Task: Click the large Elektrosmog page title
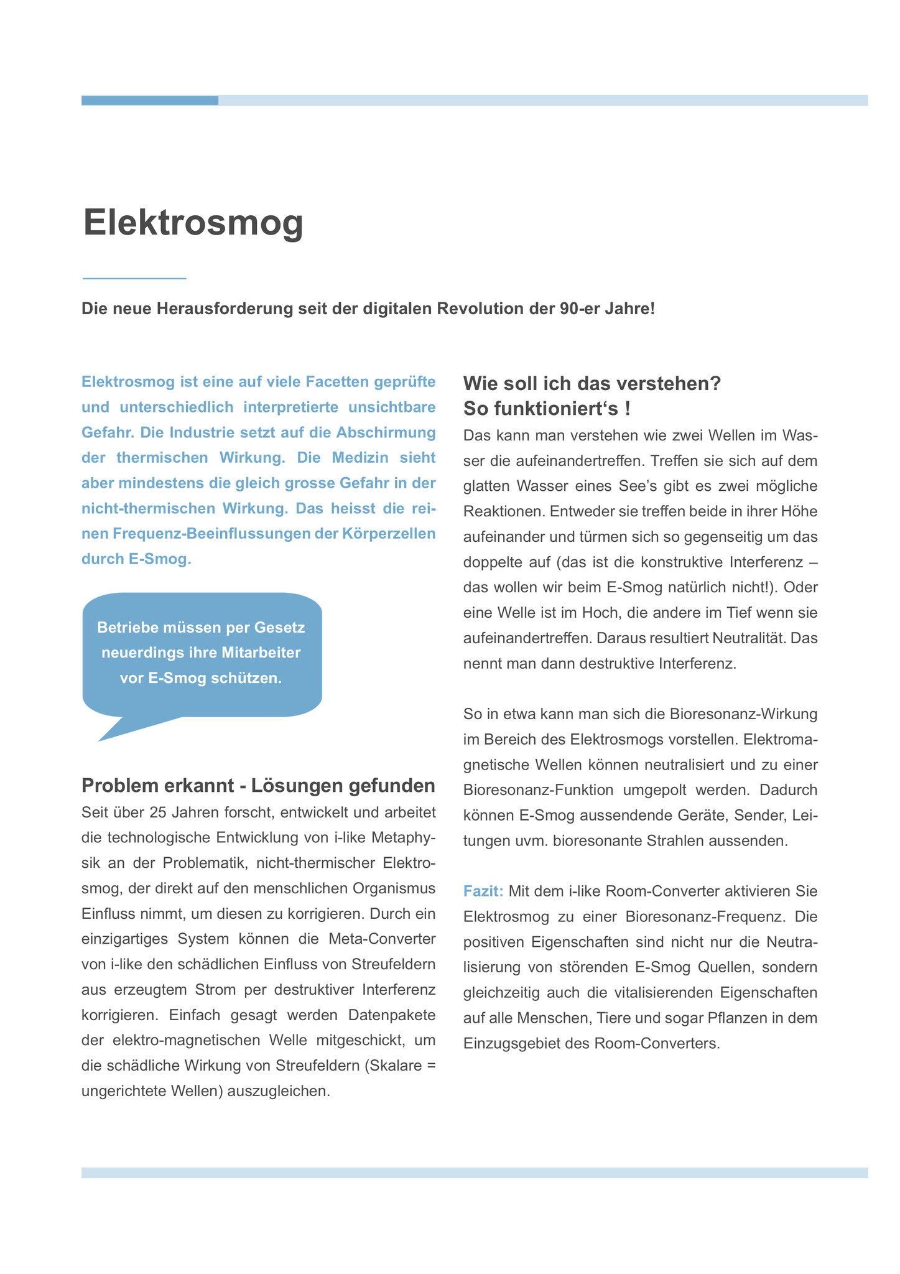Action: point(193,223)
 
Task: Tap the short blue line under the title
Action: point(134,278)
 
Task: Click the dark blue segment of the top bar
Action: point(149,100)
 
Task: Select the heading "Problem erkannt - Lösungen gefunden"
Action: point(258,786)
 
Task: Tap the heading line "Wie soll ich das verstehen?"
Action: point(591,383)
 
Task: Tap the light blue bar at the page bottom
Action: point(474,1173)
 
